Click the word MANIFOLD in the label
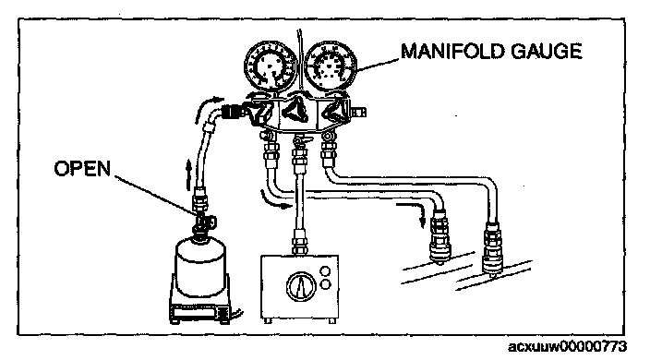[452, 52]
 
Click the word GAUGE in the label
[547, 52]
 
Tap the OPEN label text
[82, 168]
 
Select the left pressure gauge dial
[270, 66]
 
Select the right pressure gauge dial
[331, 66]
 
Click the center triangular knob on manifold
[296, 111]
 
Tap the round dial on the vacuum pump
[301, 286]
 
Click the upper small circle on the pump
[326, 271]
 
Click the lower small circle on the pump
[326, 284]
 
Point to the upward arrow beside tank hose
[188, 174]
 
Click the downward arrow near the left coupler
[412, 212]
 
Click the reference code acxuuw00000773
[567, 346]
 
